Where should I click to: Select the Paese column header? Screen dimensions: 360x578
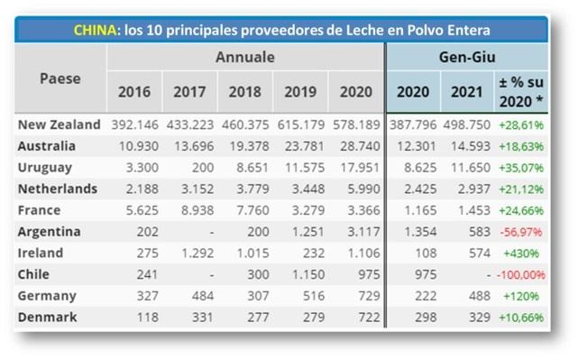[x=60, y=78]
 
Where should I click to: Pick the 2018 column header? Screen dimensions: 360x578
[x=244, y=93]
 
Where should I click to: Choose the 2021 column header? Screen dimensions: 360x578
[x=467, y=93]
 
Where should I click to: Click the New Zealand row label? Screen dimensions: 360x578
[x=59, y=124]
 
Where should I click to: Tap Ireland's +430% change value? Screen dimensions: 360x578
[x=525, y=254]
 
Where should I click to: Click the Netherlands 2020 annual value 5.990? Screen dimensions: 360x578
[x=358, y=189]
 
